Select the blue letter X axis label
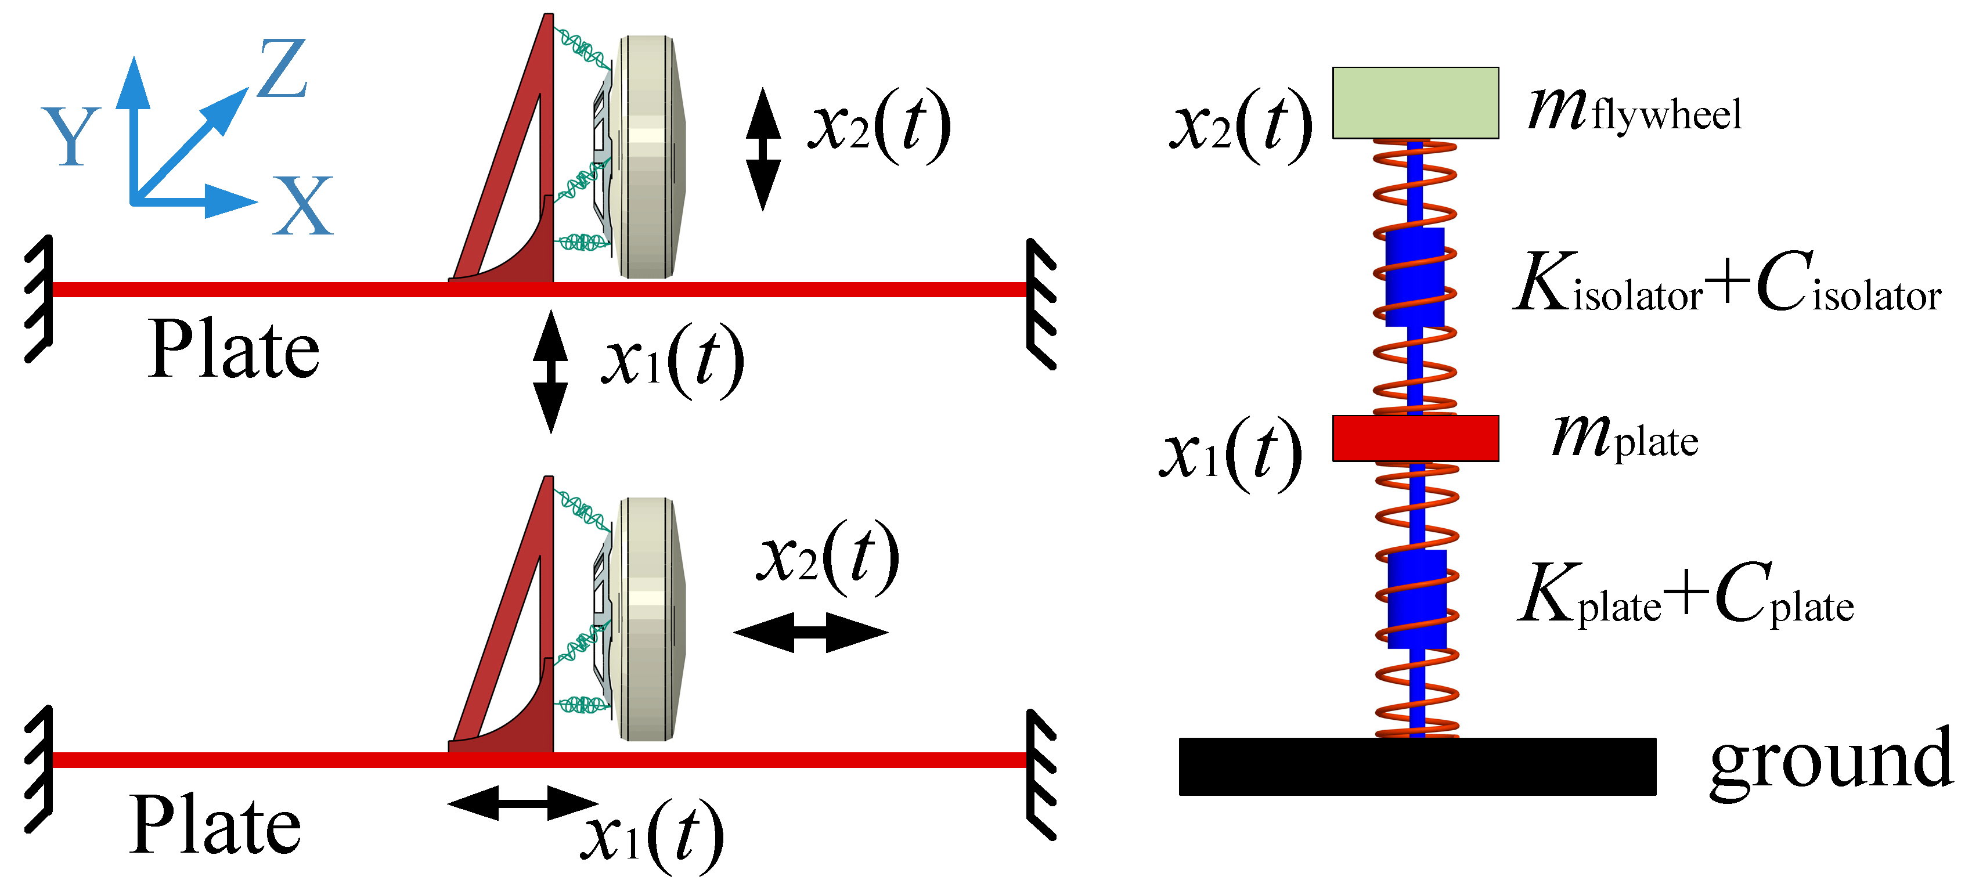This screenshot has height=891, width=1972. tap(303, 206)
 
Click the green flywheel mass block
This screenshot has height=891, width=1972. tap(1415, 103)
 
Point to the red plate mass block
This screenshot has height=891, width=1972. tap(1415, 438)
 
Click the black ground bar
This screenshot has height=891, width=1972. tap(1416, 766)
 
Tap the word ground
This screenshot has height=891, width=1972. tap(1830, 762)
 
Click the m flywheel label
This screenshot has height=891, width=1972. tap(1634, 111)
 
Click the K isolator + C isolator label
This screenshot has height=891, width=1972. tap(1727, 283)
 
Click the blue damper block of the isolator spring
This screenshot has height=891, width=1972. tap(1415, 277)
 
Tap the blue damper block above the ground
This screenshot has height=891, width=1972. tap(1417, 598)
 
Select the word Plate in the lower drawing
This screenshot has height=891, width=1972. tap(215, 825)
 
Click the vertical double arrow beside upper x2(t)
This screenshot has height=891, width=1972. tap(763, 149)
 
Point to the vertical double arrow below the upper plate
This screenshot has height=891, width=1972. tap(550, 372)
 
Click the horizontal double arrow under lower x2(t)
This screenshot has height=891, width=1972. tap(811, 632)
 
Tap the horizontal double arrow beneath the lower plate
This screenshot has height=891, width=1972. tap(523, 803)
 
